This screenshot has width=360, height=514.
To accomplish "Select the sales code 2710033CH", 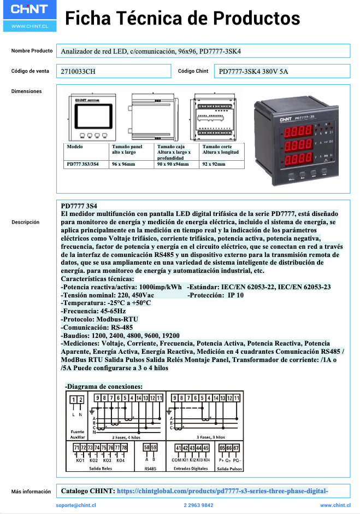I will pyautogui.click(x=78, y=71).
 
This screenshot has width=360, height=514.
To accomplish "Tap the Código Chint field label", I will pyautogui.click(x=193, y=71).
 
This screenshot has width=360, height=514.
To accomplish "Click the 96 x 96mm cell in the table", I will pyautogui.click(x=123, y=163).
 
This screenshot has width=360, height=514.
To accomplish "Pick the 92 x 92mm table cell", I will pyautogui.click(x=214, y=163).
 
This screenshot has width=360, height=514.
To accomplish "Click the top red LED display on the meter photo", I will pyautogui.click(x=295, y=132).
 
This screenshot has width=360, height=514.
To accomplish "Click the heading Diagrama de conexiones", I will pyautogui.click(x=104, y=386).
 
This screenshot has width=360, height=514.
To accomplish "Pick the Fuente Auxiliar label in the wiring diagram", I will pyautogui.click(x=78, y=434).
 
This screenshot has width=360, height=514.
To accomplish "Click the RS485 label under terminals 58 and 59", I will pyautogui.click(x=150, y=469).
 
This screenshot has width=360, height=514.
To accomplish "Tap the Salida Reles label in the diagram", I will pyautogui.click(x=101, y=469).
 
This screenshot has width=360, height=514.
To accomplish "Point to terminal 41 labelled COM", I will pyautogui.click(x=178, y=449).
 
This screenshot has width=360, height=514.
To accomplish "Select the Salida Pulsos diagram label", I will pyautogui.click(x=229, y=469).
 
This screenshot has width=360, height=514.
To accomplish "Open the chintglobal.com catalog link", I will pyautogui.click(x=222, y=491).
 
